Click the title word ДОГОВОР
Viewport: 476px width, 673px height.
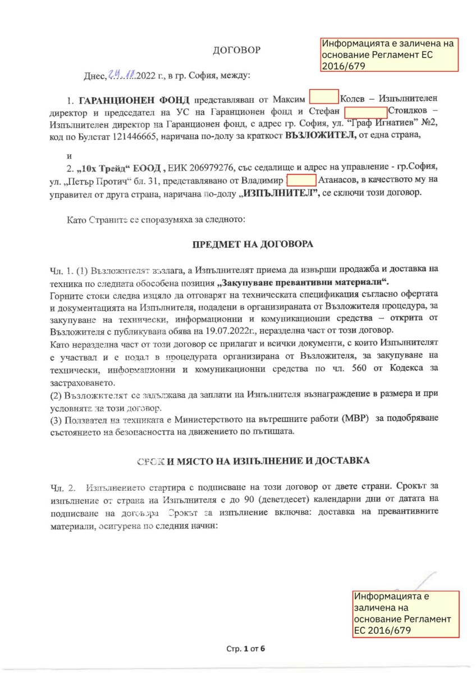click(x=237, y=50)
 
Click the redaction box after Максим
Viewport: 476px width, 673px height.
click(x=324, y=97)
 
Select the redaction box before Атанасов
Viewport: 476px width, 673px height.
click(x=301, y=180)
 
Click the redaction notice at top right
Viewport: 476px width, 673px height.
click(x=390, y=54)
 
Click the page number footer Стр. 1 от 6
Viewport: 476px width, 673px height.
click(x=245, y=649)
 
